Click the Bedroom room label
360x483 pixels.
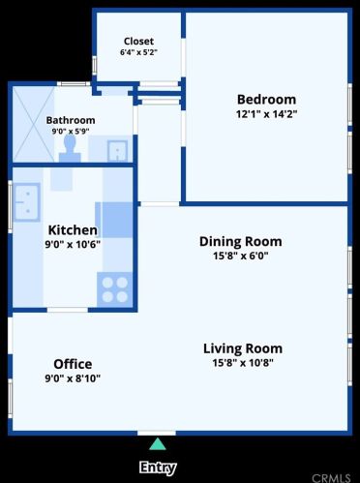pos(266,100)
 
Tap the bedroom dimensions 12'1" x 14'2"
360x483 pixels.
pos(266,114)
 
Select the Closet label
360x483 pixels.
pos(138,41)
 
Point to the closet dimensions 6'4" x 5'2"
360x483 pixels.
pos(138,52)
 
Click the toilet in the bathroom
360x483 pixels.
pos(70,149)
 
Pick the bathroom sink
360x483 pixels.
pos(117,150)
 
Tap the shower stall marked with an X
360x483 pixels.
pos(34,124)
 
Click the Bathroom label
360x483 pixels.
pos(71,120)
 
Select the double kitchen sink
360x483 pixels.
pos(27,202)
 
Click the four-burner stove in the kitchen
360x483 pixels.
pos(115,289)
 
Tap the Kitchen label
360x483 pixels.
pos(73,230)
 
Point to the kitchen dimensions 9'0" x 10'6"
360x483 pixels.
pos(73,244)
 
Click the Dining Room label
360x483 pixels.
pos(241,241)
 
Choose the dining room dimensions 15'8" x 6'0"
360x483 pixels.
pos(241,256)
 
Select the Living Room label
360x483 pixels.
pos(243,348)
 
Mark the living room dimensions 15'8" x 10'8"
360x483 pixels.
pos(243,363)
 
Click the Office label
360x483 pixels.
pos(73,364)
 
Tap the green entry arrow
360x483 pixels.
pos(158,444)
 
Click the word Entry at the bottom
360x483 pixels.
pos(158,468)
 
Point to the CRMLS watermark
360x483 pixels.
pos(331,478)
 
